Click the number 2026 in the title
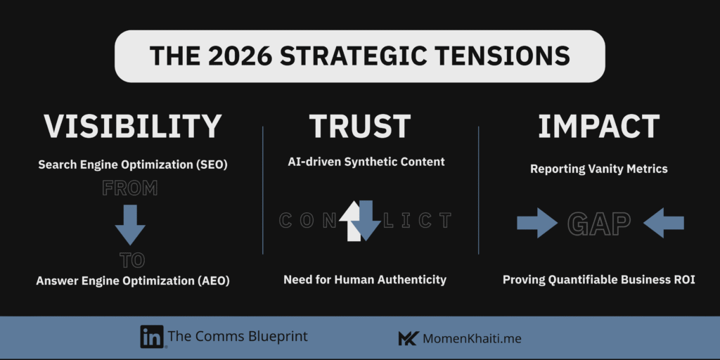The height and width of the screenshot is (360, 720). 239,56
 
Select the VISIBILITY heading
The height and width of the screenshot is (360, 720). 132,127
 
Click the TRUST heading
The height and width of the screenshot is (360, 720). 359,127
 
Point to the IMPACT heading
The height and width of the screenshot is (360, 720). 599,127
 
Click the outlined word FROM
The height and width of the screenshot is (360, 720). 130,188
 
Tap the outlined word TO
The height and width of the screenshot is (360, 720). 132,260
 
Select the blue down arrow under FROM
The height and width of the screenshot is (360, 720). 130,224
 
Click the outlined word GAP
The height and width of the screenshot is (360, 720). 599,223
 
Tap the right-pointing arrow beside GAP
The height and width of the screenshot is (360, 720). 536,223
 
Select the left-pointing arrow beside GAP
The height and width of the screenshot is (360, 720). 664,223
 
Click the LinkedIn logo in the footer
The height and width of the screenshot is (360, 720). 152,337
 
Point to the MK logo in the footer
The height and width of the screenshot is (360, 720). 408,339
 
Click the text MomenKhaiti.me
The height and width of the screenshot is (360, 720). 472,340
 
